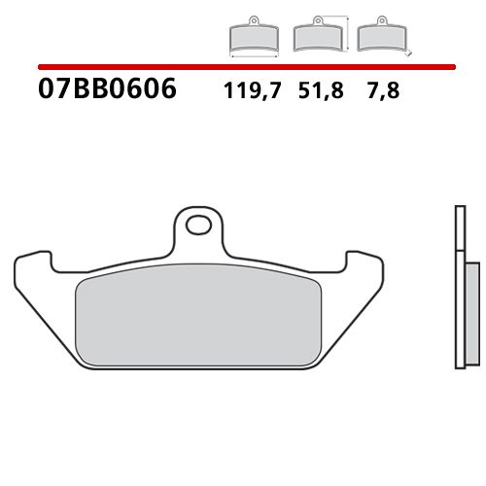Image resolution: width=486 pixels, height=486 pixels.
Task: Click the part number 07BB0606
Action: point(107,90)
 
